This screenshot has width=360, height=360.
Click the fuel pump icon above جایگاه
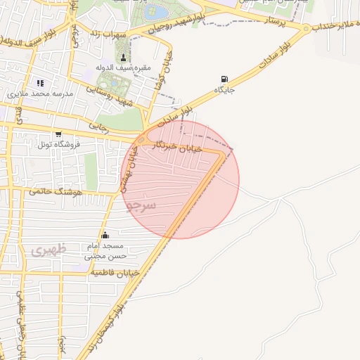point(224,79)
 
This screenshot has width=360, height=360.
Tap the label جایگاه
point(224,90)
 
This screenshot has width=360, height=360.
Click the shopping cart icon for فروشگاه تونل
point(58,134)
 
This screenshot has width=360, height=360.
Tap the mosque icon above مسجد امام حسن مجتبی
point(105,235)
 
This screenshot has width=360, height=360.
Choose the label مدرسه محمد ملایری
point(40,93)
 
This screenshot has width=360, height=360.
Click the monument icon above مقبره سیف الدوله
point(124,58)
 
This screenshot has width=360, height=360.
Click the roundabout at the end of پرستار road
point(307,28)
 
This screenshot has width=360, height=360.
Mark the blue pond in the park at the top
point(159,12)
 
